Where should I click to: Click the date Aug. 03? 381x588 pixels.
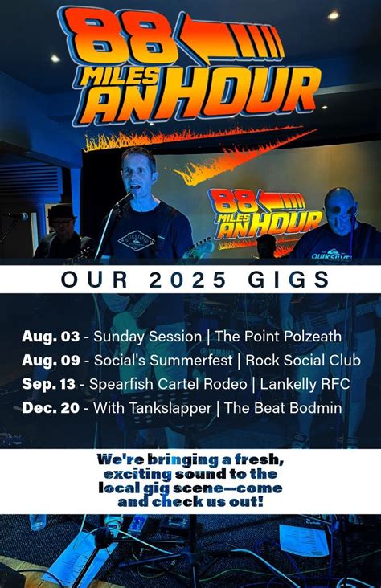[x=51, y=337]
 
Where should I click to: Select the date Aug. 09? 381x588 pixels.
[x=51, y=361]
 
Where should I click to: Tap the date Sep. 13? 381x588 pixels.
[x=51, y=385]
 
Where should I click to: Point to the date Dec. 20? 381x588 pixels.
[x=51, y=409]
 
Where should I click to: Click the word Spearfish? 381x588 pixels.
[x=120, y=385]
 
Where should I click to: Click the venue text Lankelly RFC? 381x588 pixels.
[x=309, y=385]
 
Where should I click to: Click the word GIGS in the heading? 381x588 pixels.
[x=291, y=280]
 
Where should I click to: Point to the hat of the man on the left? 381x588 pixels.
[x=61, y=212]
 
